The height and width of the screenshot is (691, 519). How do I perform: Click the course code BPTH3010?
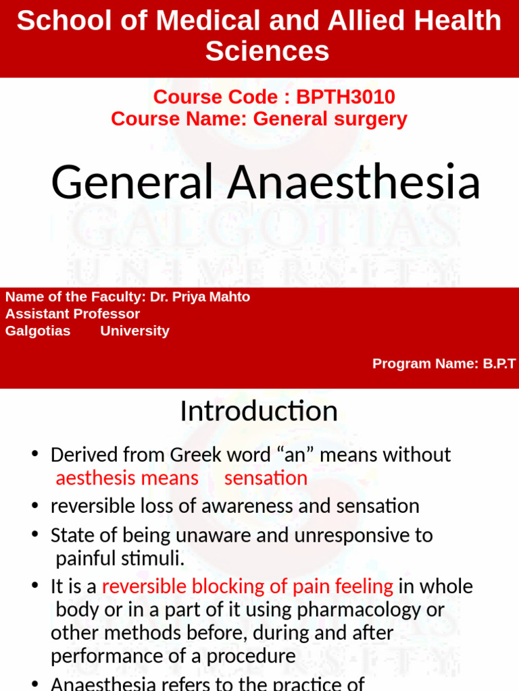click(x=346, y=97)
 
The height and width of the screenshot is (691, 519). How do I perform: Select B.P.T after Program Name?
click(x=499, y=364)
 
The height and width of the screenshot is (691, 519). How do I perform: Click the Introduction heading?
click(x=259, y=411)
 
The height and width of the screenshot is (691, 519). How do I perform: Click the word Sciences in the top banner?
click(x=267, y=51)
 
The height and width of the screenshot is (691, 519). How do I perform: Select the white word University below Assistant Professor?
click(x=134, y=331)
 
